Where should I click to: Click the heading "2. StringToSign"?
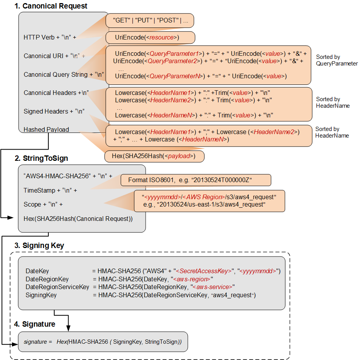tap(41, 158)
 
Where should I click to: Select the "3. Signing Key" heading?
tap(39, 246)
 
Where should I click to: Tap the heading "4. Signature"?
tap(35, 324)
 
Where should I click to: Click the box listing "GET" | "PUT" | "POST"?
tap(150, 21)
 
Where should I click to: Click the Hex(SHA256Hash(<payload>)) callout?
tap(154, 156)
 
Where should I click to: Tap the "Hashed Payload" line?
tap(46, 129)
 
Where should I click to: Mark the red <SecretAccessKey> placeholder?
tap(203, 271)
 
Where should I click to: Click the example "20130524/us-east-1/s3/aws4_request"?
tap(209, 204)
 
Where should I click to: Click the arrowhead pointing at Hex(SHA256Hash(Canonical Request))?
tap(16, 219)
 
